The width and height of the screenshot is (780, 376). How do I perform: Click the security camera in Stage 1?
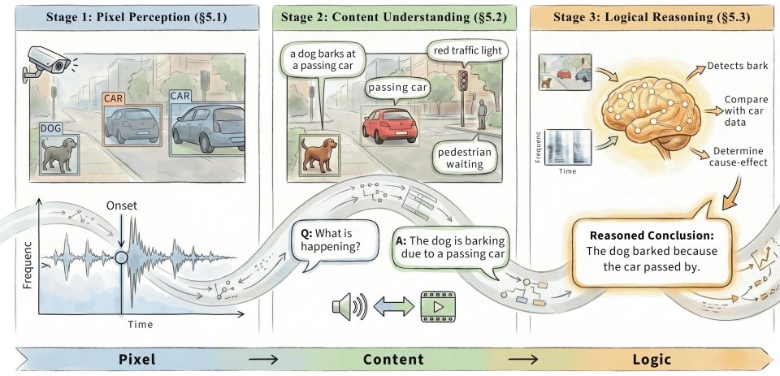pyautogui.click(x=46, y=63)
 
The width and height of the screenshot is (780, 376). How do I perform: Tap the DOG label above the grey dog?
pyautogui.click(x=50, y=129)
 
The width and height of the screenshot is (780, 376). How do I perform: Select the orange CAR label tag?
pyautogui.click(x=114, y=99)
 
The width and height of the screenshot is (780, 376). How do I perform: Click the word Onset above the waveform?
pyautogui.click(x=121, y=206)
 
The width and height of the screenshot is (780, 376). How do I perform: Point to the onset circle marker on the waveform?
pyautogui.click(x=121, y=257)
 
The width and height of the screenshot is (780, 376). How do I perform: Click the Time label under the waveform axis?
pyautogui.click(x=141, y=324)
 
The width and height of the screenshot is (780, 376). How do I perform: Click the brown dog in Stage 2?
pyautogui.click(x=318, y=153)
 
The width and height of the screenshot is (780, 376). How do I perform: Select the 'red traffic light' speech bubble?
pyautogui.click(x=467, y=51)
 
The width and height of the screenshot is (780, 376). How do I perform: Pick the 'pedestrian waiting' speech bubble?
pyautogui.click(x=465, y=158)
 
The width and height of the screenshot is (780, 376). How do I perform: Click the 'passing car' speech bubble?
pyautogui.click(x=397, y=89)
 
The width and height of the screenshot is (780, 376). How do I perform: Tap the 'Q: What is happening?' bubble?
pyautogui.click(x=331, y=240)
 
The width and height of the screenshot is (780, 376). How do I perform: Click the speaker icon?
pyautogui.click(x=349, y=306)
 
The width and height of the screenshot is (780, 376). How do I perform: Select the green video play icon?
pyautogui.click(x=438, y=306)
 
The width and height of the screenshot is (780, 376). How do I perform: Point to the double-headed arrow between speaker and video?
pyautogui.click(x=393, y=306)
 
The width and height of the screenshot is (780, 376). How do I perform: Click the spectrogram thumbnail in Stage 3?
pyautogui.click(x=568, y=147)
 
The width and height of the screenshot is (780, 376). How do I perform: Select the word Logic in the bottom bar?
pyautogui.click(x=652, y=360)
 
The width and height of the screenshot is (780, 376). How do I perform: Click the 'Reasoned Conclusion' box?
pyautogui.click(x=652, y=252)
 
